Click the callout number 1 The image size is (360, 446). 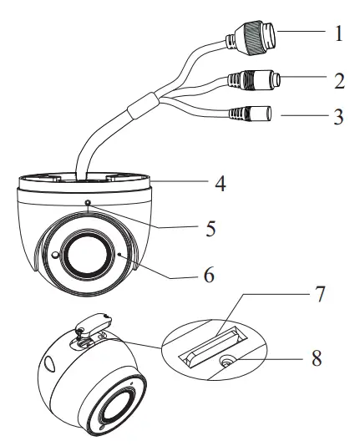coord(338,34)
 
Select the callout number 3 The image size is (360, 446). coord(338,118)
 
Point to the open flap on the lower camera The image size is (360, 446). coord(95,321)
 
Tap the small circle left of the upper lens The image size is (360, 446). coord(54,254)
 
